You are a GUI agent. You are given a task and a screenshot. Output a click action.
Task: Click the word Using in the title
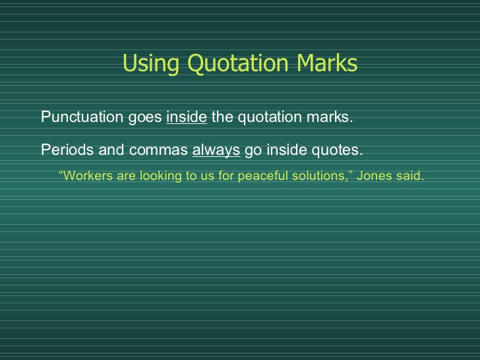pos(151,63)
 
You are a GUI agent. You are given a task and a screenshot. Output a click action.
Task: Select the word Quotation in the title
pos(238,63)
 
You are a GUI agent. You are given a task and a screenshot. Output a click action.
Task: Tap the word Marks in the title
pos(327,63)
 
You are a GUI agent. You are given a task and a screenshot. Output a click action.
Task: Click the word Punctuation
pos(82,117)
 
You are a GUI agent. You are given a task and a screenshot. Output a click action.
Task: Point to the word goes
pos(145,118)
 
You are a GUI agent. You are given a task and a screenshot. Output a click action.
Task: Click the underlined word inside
pos(187,117)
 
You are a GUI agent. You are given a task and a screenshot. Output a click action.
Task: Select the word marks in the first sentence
pos(330,117)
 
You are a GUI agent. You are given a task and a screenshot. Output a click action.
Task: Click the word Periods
pos(67,150)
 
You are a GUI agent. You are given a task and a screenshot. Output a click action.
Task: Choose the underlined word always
pos(216,150)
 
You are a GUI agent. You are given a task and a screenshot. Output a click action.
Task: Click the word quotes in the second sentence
pos(337,150)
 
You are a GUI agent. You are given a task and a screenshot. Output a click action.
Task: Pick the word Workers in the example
pos(88,175)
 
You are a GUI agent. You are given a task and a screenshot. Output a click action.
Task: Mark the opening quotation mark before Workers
pos(61,172)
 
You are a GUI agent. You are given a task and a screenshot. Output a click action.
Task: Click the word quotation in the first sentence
pos(270,117)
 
